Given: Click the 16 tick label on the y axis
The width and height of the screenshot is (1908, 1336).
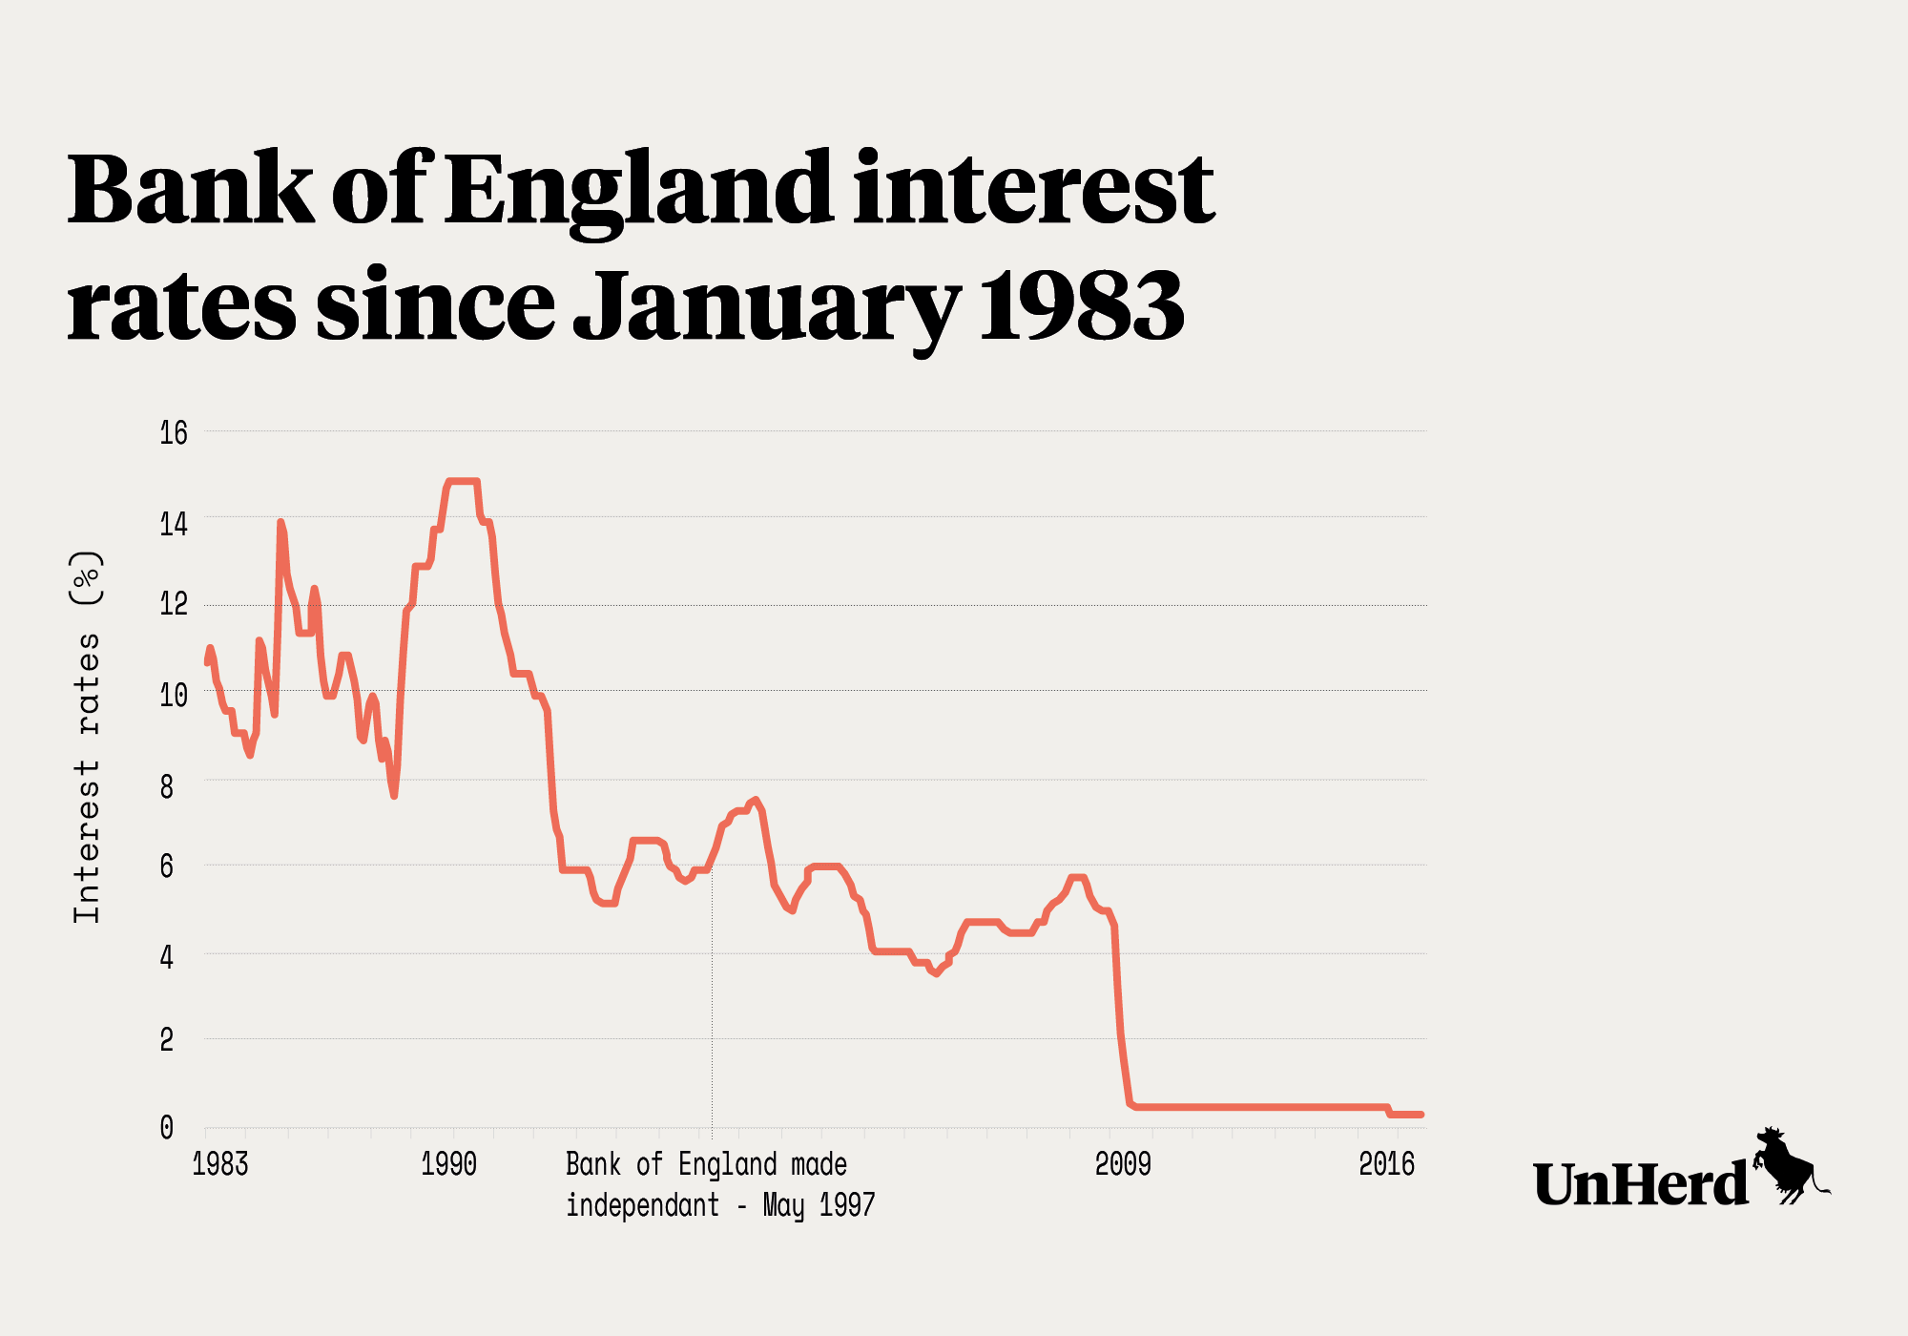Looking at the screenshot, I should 174,433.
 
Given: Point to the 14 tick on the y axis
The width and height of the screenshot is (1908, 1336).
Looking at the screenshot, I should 174,524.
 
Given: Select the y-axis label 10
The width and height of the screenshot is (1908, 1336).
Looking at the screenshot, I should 174,695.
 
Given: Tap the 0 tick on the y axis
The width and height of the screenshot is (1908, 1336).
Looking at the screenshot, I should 167,1127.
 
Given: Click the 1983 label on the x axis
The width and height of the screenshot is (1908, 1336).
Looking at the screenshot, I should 220,1164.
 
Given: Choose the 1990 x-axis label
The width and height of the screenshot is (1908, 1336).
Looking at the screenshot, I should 449,1164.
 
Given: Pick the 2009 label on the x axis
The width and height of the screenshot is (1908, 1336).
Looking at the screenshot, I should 1123,1164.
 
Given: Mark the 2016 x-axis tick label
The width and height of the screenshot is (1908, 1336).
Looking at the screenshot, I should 1386,1164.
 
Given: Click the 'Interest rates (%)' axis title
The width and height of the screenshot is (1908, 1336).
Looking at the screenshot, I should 87,737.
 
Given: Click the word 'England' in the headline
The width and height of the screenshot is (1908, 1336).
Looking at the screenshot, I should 638,191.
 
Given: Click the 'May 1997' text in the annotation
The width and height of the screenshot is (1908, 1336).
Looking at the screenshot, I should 819,1205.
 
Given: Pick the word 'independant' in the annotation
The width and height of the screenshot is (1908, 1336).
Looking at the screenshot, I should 642,1205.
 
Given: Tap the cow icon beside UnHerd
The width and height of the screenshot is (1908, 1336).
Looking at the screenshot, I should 1790,1166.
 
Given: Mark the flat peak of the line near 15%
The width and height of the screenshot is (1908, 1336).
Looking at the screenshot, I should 463,481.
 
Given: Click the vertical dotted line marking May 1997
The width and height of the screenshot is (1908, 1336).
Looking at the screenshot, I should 712,1002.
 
